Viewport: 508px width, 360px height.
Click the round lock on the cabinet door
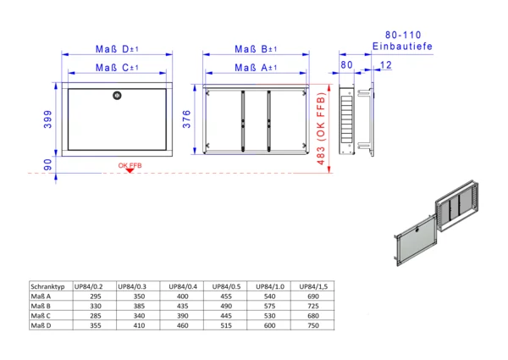point(117,96)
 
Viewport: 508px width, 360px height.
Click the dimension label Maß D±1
point(117,49)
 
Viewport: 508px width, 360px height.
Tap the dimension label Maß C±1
point(117,68)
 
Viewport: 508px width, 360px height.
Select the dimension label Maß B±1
point(256,49)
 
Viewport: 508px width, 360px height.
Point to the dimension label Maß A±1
point(256,68)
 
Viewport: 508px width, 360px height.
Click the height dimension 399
point(47,119)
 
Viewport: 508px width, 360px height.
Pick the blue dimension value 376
point(186,119)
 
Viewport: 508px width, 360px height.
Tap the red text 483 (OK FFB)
point(321,129)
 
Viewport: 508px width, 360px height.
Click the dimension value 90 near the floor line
point(47,164)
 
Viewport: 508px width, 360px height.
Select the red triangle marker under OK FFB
point(130,170)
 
